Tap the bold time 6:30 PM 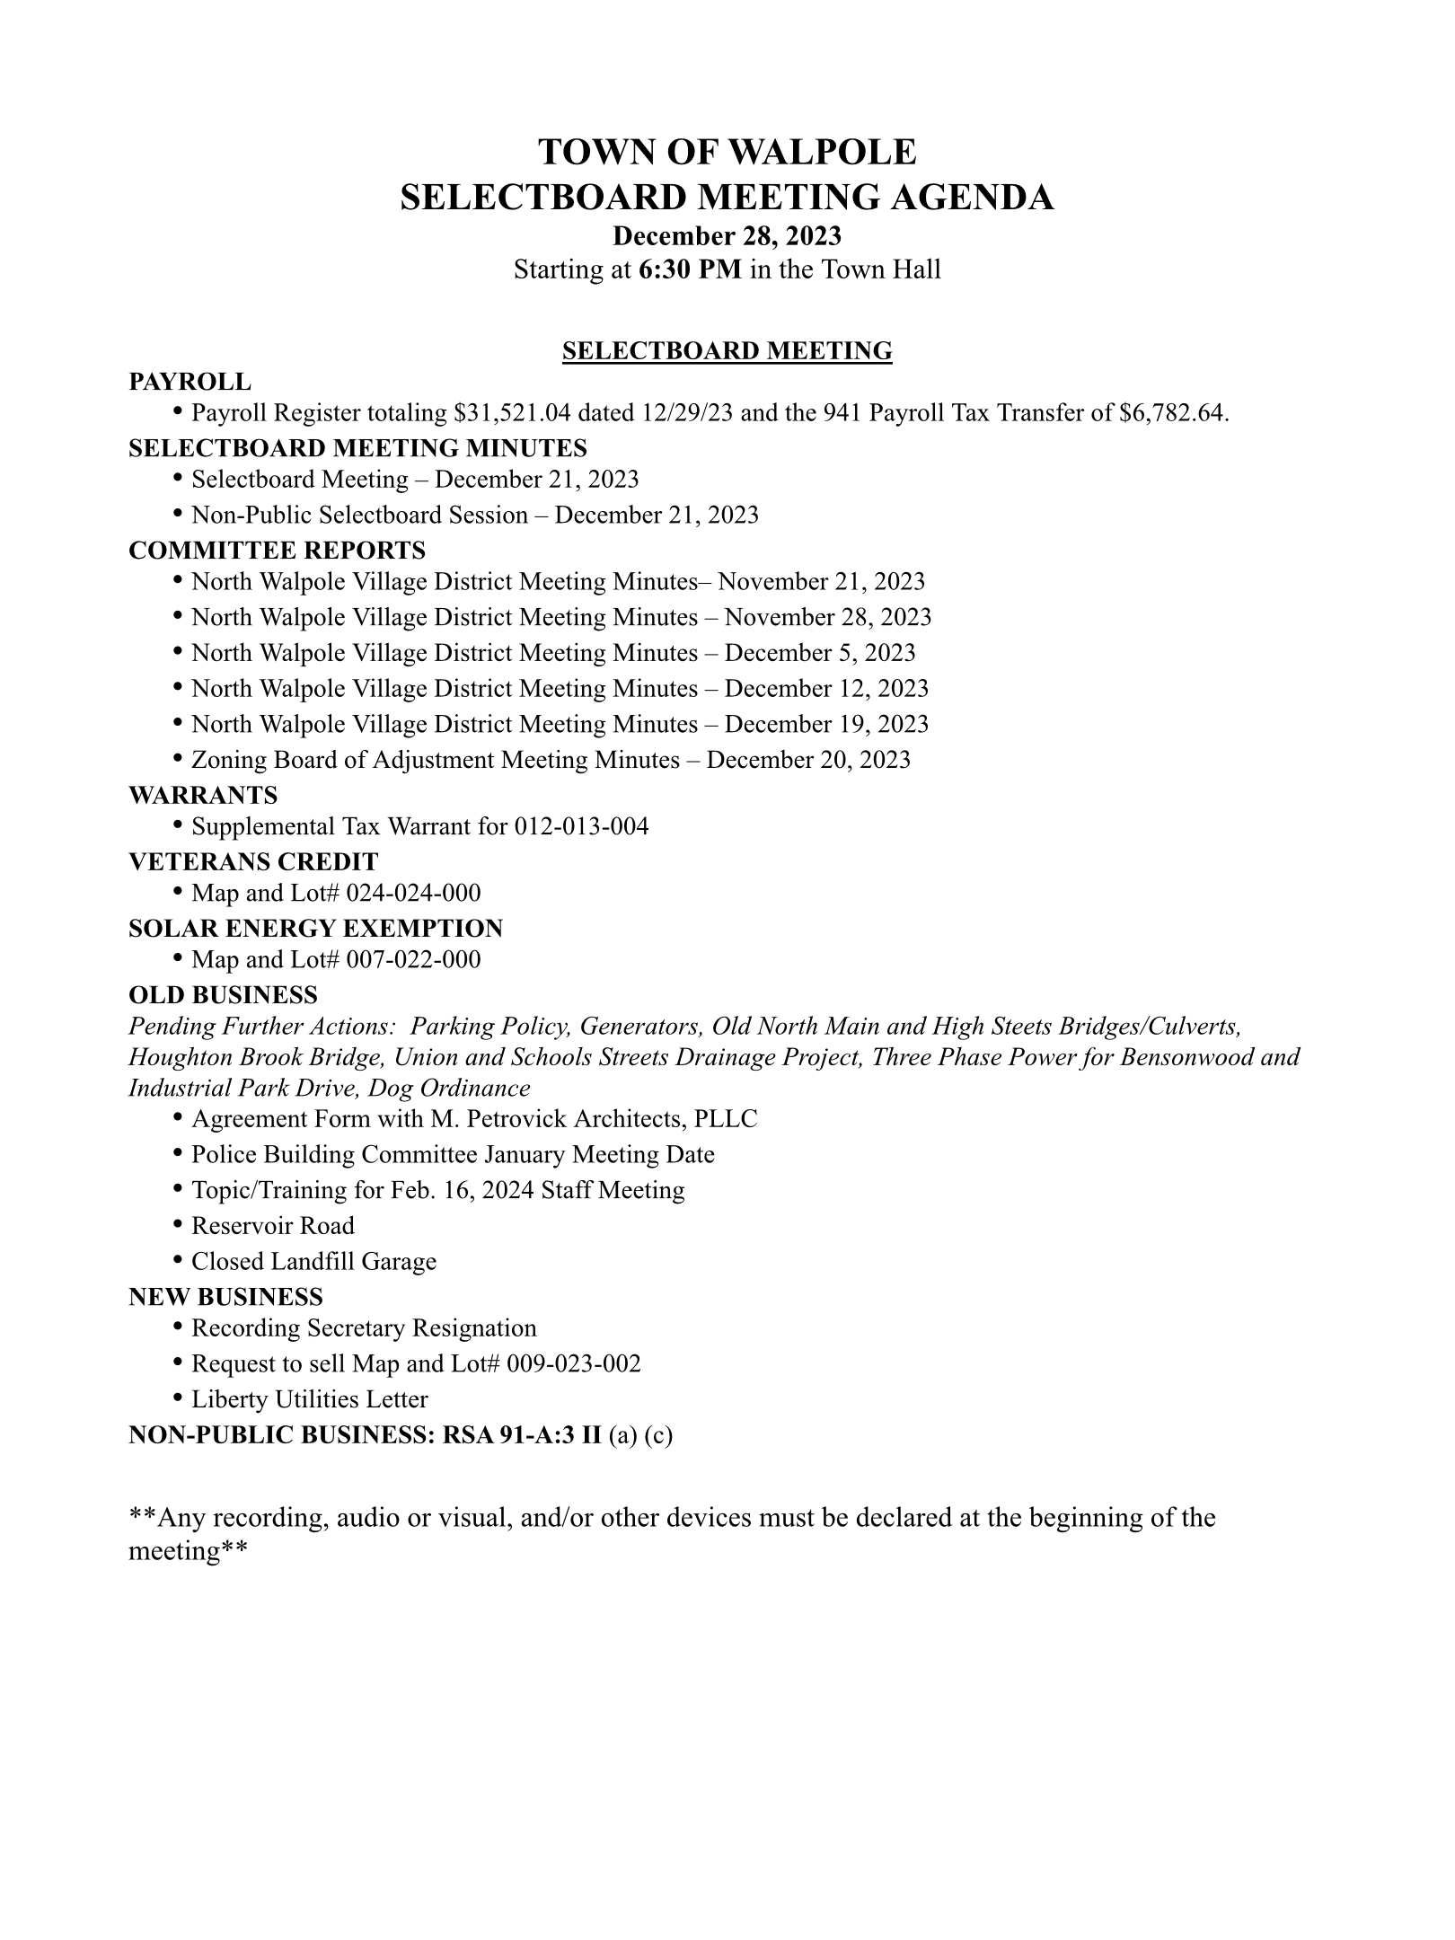[x=690, y=269]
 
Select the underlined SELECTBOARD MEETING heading [x=727, y=350]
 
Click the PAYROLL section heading [x=190, y=382]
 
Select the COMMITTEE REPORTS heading [x=277, y=550]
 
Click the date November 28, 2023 [x=827, y=617]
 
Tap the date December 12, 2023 [x=826, y=689]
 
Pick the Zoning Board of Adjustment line [x=551, y=761]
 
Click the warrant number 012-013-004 [x=581, y=826]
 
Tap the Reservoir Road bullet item [x=273, y=1226]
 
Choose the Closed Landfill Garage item [x=313, y=1262]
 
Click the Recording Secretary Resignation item [x=364, y=1328]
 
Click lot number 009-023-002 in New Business [x=574, y=1364]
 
